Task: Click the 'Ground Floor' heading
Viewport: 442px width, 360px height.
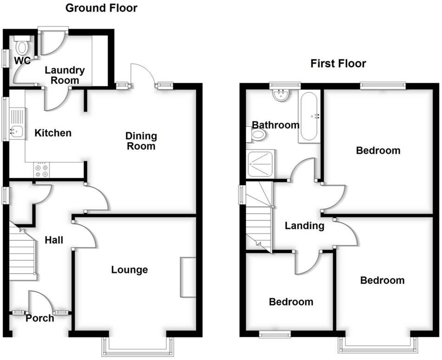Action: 101,8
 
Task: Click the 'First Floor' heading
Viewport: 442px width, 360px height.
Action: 338,64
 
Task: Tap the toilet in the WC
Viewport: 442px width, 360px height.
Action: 21,46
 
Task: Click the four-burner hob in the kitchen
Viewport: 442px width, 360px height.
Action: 41,170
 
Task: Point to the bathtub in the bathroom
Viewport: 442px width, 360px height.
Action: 309,117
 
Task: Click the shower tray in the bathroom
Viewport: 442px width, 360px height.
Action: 261,163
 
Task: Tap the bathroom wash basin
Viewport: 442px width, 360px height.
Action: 281,96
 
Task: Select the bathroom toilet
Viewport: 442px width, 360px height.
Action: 258,135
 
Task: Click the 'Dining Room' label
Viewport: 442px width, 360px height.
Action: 141,141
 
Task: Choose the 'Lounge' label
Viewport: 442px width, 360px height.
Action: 130,270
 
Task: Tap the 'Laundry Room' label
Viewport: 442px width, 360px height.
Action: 65,75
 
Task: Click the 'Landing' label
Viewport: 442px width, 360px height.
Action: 304,226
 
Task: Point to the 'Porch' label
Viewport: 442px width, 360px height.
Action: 39,318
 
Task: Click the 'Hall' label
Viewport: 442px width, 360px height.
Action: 54,240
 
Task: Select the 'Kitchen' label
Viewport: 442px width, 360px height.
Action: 53,133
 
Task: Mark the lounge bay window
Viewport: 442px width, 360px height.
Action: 138,347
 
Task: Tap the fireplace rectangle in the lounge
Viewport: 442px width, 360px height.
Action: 188,277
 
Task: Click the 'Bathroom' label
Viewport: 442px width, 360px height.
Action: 276,125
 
